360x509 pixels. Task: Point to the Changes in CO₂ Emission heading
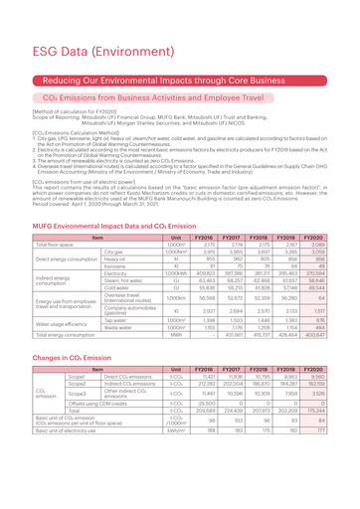point(66,383)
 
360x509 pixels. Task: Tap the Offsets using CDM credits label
point(83,443)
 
